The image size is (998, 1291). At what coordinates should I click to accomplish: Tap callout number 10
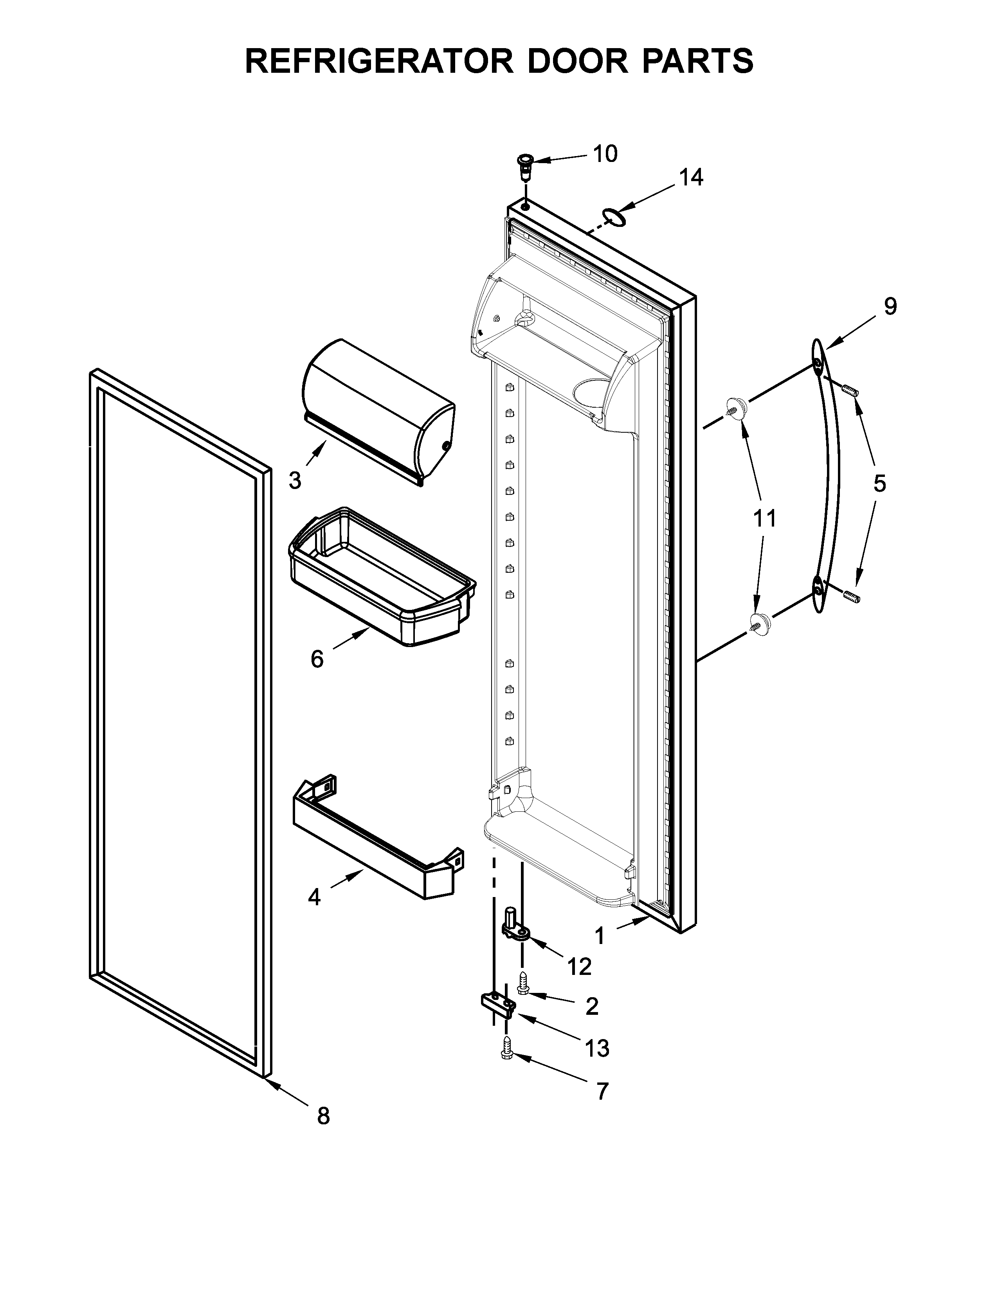tap(604, 154)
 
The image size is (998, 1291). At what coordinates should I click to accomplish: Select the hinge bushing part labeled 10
tap(524, 166)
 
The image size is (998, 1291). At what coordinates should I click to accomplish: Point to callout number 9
tap(890, 306)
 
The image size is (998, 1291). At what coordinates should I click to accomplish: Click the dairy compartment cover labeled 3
tap(378, 411)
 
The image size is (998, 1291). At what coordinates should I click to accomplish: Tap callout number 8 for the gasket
tap(323, 1116)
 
